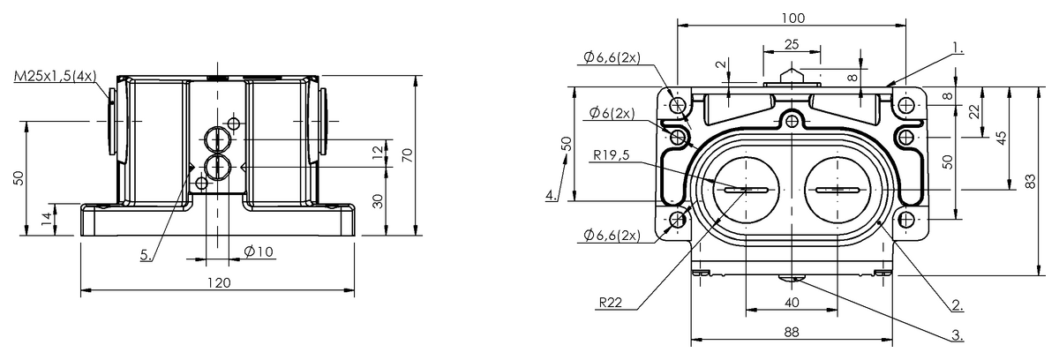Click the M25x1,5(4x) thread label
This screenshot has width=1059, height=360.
click(x=56, y=76)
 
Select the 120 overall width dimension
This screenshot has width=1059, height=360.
click(x=220, y=283)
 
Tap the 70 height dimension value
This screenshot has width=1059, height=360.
click(x=408, y=155)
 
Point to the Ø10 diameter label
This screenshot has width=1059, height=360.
click(x=259, y=251)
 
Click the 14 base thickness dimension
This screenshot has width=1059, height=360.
click(x=46, y=218)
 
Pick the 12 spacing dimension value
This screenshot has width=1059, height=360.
click(x=378, y=152)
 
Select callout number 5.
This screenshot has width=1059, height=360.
click(x=146, y=255)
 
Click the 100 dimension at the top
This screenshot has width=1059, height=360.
click(x=792, y=18)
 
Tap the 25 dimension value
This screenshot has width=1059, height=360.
click(x=792, y=44)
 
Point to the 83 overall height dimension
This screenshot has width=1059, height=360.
click(x=1031, y=181)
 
